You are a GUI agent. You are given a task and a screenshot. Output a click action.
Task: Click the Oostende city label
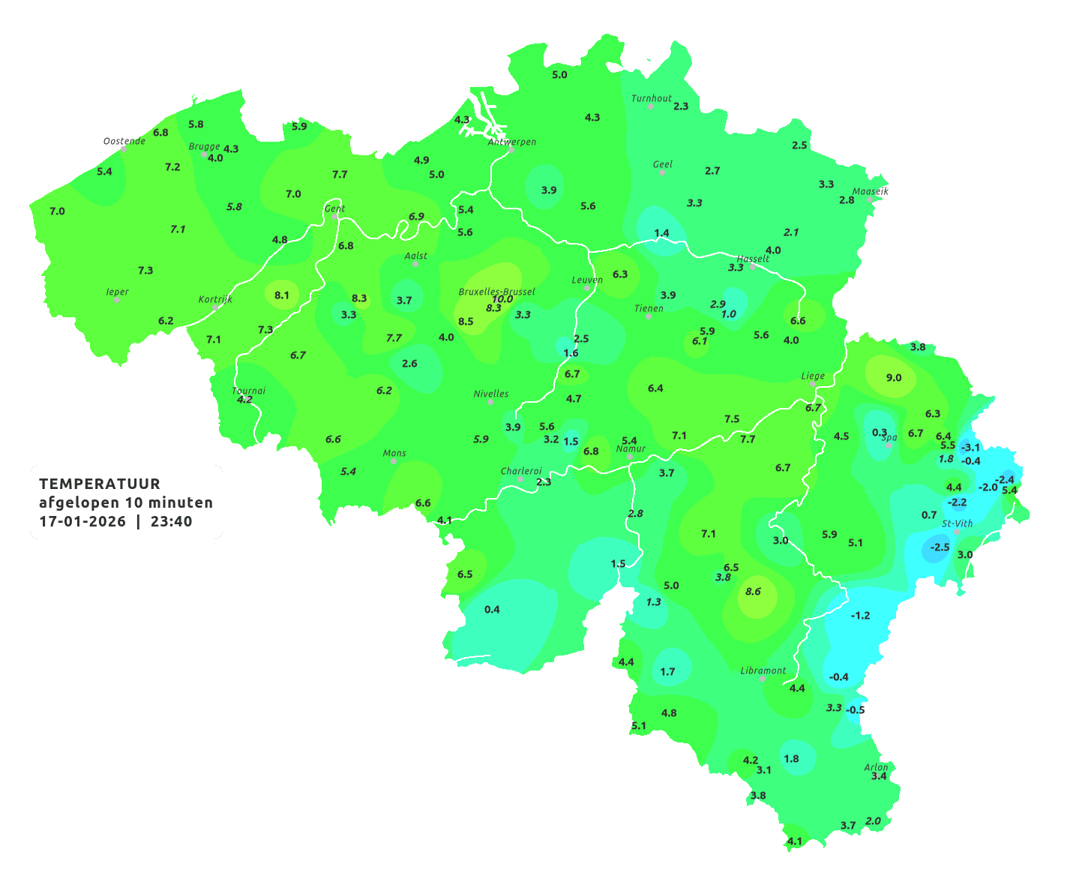(x=124, y=141)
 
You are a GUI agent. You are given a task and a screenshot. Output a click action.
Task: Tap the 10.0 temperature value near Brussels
(x=502, y=299)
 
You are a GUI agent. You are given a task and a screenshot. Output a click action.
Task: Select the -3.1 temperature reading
(x=970, y=447)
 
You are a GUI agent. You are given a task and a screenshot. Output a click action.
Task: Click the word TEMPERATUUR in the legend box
(x=100, y=484)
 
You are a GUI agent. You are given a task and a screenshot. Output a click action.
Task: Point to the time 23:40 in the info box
(x=171, y=521)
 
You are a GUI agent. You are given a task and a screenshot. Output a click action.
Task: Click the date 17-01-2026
(x=82, y=521)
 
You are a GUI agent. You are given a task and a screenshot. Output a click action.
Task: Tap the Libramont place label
(x=763, y=670)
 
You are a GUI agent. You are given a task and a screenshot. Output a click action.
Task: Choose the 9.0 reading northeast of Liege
(x=893, y=377)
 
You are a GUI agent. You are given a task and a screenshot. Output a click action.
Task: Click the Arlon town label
(x=876, y=766)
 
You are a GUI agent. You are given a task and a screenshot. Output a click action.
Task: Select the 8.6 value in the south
(x=753, y=591)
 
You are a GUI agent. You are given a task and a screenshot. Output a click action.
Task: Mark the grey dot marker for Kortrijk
(x=215, y=307)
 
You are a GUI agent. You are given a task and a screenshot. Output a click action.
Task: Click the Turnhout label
(x=651, y=98)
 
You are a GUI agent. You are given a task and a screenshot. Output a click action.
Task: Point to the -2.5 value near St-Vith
(x=940, y=547)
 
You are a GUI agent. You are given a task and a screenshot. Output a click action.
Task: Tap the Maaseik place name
(x=870, y=191)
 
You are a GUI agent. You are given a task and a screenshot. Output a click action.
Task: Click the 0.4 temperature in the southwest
(x=492, y=609)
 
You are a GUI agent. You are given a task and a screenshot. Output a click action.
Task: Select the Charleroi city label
(x=521, y=471)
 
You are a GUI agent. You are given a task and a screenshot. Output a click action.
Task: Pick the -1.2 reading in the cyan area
(x=860, y=615)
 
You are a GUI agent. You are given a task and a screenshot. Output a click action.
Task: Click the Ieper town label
(x=117, y=292)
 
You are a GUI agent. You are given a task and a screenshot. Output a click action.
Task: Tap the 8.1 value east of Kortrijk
(x=282, y=295)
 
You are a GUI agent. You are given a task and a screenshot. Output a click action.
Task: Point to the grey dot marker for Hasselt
(x=753, y=266)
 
